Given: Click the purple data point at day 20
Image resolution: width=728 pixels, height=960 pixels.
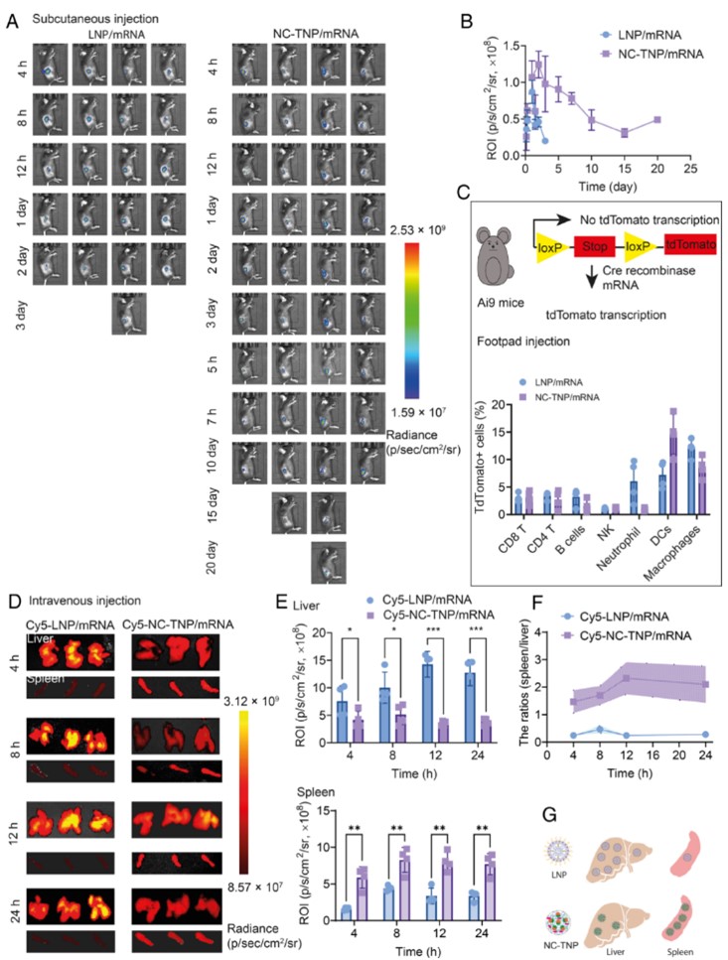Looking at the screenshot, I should point(656,120).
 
